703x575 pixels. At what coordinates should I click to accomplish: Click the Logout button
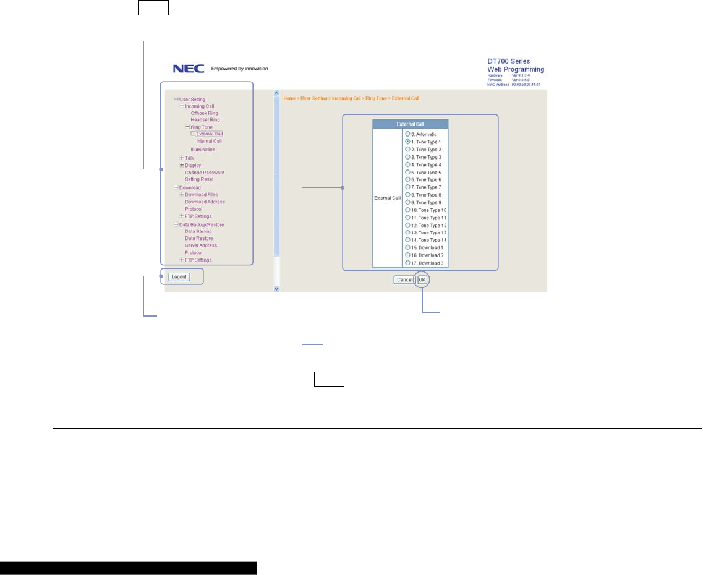coord(179,277)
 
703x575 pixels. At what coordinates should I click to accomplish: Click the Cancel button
coord(404,280)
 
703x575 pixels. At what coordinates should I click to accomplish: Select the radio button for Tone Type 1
coord(407,142)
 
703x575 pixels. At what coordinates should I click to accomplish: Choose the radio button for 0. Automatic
coord(407,134)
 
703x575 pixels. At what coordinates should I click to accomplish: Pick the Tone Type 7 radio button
coord(407,187)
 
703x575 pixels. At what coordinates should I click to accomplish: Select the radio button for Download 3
coord(407,263)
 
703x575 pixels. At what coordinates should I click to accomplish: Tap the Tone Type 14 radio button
coord(407,240)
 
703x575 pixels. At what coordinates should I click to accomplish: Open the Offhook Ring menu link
coord(204,113)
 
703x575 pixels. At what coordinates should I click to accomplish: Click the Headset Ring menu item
coord(205,120)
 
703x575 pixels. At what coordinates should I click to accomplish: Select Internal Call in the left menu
coord(209,142)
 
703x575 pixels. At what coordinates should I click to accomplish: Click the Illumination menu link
coord(203,150)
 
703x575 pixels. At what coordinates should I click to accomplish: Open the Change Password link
coord(205,172)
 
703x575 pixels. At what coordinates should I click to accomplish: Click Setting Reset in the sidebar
coord(199,179)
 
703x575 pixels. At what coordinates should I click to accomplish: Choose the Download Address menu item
coord(205,202)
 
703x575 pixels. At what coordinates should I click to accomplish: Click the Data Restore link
coord(199,238)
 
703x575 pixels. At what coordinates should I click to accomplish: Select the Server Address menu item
coord(201,245)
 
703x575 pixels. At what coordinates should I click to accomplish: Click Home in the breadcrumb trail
coord(289,98)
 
